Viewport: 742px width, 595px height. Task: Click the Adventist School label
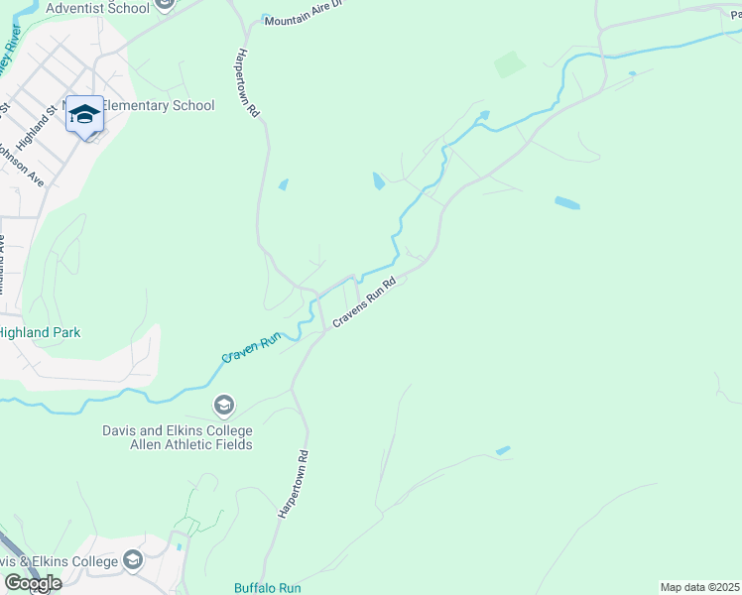tap(98, 8)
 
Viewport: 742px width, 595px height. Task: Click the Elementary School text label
tap(158, 105)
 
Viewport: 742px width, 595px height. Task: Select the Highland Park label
tap(40, 333)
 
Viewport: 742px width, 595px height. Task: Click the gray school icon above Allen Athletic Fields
tap(224, 405)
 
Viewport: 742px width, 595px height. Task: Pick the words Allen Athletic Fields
tap(178, 445)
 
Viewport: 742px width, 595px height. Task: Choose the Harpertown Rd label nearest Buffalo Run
tap(294, 483)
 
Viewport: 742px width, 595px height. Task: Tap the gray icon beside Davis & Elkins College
tap(133, 561)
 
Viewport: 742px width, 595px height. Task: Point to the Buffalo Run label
tap(267, 588)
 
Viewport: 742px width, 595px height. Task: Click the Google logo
tap(32, 582)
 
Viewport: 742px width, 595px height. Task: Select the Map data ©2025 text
tap(699, 587)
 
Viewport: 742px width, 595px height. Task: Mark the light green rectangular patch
tap(510, 64)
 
